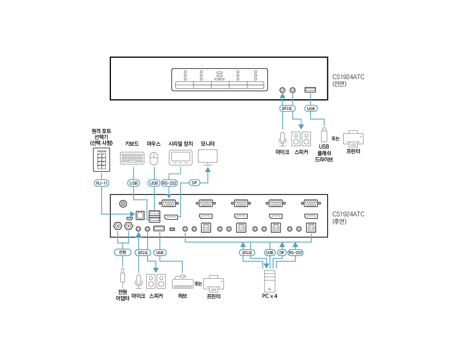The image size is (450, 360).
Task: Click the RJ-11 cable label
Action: (101, 183)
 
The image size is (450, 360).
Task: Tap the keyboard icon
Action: (132, 158)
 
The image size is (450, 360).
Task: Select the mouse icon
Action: (154, 159)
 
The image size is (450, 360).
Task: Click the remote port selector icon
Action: (101, 160)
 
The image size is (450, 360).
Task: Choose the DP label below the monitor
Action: (194, 183)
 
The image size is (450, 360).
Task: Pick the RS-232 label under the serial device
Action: (169, 183)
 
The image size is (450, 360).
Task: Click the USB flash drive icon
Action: (324, 134)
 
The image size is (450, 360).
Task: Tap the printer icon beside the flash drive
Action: (353, 139)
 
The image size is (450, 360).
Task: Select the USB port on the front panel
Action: (310, 90)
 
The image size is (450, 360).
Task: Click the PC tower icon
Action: (270, 281)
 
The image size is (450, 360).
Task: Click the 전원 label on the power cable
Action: (122, 252)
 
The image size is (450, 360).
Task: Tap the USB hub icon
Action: (183, 282)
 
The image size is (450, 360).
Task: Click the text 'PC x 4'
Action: (270, 296)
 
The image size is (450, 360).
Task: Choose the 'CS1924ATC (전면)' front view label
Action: (348, 80)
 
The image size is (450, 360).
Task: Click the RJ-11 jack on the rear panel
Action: (140, 215)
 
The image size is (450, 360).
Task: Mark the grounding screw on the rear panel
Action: (123, 204)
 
